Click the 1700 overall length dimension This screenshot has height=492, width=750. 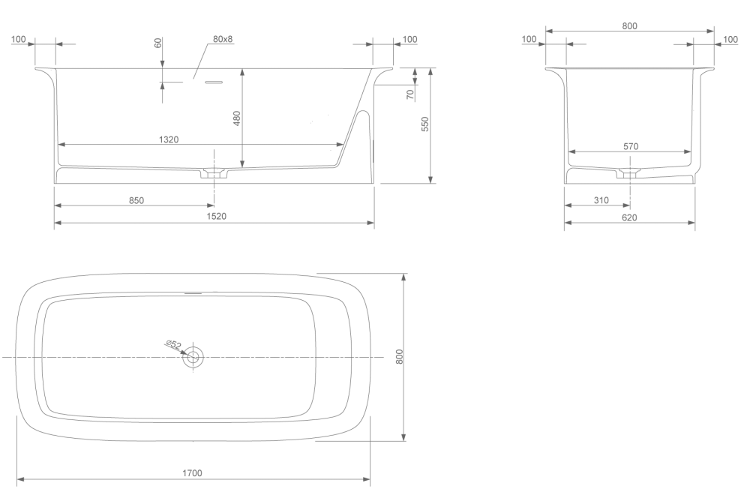(192, 473)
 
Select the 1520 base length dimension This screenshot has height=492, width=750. (216, 216)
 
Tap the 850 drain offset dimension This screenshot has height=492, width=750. (136, 200)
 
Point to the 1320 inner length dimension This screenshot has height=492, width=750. (169, 139)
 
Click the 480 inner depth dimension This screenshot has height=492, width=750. (237, 118)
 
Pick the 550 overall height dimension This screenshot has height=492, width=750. (425, 124)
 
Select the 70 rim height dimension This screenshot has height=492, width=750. (410, 94)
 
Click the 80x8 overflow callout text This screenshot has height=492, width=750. (223, 39)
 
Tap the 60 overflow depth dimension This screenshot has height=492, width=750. (157, 43)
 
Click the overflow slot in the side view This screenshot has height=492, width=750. (214, 82)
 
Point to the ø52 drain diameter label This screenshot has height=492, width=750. (174, 344)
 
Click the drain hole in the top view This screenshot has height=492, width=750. (193, 357)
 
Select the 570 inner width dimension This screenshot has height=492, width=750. (631, 146)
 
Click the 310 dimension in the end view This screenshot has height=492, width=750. (601, 200)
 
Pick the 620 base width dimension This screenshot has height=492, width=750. (629, 217)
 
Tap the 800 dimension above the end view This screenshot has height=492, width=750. (629, 25)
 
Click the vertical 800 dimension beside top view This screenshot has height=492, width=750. (400, 357)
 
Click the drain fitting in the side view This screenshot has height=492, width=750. (214, 173)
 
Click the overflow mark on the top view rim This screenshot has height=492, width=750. (193, 292)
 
